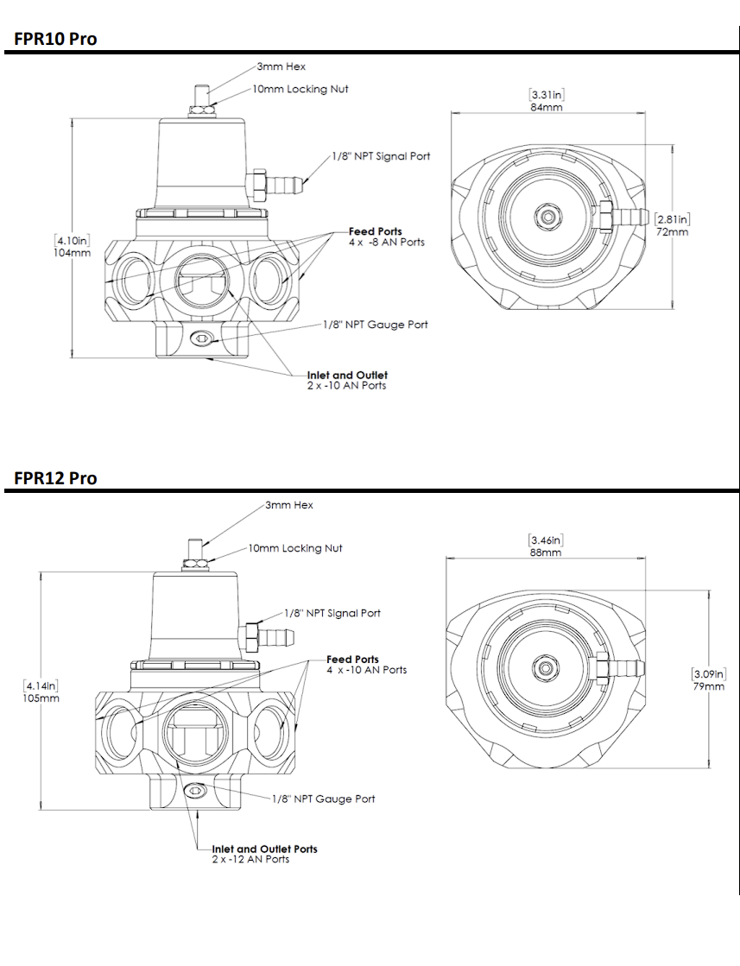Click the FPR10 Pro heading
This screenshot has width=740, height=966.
[55, 39]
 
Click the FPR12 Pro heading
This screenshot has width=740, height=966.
[55, 478]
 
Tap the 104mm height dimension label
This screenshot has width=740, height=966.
[72, 253]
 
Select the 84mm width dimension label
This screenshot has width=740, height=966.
[547, 107]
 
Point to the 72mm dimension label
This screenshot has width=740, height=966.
[673, 231]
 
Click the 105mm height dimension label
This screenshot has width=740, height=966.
[41, 698]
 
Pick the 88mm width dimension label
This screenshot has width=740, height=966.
[546, 552]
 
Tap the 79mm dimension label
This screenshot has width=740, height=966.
[709, 685]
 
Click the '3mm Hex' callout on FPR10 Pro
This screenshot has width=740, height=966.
[281, 66]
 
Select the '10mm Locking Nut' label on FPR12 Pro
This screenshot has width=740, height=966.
[295, 548]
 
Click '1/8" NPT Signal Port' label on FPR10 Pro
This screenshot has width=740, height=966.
[382, 156]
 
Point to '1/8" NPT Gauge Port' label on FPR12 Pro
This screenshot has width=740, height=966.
[324, 799]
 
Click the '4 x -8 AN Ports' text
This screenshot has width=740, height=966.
[387, 242]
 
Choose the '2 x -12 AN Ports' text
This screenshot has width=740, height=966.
[250, 859]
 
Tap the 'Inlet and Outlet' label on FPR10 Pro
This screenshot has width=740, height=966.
[347, 376]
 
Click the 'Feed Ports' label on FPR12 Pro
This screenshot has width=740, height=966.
[352, 660]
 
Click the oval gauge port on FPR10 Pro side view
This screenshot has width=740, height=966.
[201, 338]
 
